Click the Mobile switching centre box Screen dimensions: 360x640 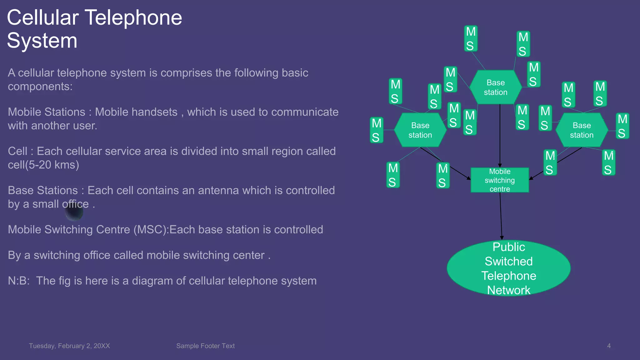[x=500, y=180]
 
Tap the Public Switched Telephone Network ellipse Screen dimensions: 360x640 [x=508, y=268]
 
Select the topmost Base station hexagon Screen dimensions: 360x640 [x=496, y=87]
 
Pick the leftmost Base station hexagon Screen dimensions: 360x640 [x=420, y=130]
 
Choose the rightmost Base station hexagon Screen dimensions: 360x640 [x=582, y=130]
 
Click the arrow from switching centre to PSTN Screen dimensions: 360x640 [x=501, y=216]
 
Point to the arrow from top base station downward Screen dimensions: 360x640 [x=500, y=134]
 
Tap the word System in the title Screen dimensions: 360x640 [x=42, y=41]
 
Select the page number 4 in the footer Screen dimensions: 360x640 [x=609, y=346]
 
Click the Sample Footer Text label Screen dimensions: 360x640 [x=205, y=346]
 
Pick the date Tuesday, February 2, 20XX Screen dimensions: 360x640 [x=69, y=346]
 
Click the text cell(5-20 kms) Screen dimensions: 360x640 [x=43, y=165]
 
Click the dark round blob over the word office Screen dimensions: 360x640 [x=74, y=212]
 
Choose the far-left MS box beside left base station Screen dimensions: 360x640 [x=377, y=130]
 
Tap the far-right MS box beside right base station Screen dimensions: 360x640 [x=622, y=126]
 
